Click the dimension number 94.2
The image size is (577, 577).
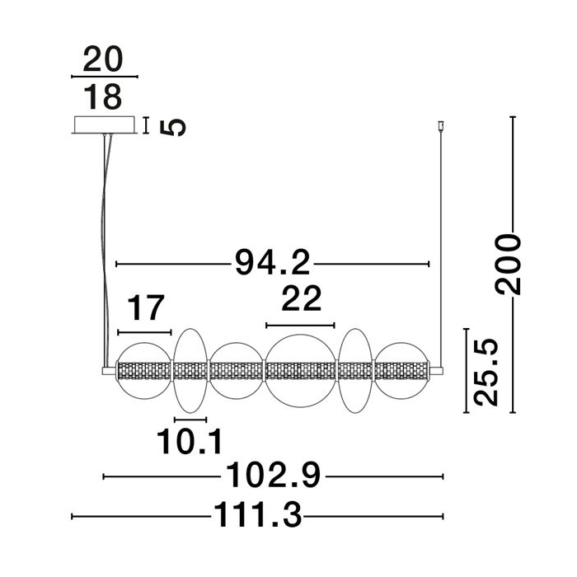tap(273, 262)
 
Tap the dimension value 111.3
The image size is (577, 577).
tap(257, 515)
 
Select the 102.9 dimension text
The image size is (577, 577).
tap(273, 475)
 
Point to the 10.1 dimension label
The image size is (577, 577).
tap(190, 442)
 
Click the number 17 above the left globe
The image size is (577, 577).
tap(145, 307)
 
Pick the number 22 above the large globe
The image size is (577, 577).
tap(302, 298)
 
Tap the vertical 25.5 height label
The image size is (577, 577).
tap(486, 372)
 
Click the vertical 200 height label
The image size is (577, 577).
tap(509, 265)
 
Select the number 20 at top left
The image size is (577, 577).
tap(103, 59)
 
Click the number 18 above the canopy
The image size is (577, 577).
tap(103, 96)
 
